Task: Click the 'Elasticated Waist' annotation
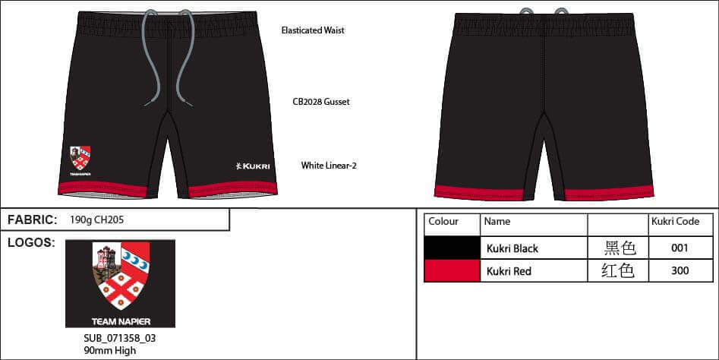click(312, 31)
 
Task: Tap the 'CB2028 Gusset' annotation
click(321, 101)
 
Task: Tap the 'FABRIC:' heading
click(32, 220)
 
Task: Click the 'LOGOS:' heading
click(30, 243)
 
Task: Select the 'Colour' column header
click(443, 222)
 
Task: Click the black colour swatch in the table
click(452, 248)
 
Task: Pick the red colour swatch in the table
click(452, 271)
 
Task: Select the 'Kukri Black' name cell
click(512, 248)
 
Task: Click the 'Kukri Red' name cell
click(509, 271)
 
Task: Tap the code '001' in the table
click(680, 248)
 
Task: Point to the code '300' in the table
click(680, 271)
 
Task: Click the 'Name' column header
click(497, 222)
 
